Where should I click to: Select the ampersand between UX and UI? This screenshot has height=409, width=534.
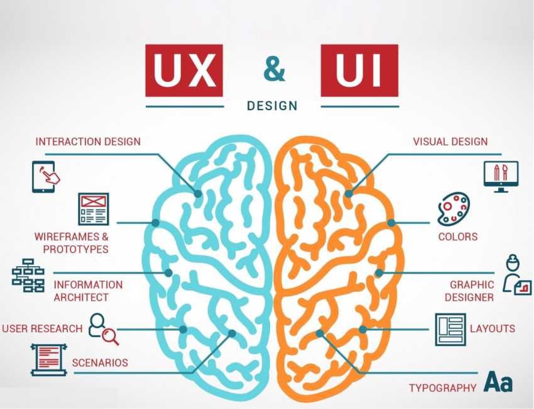(x=273, y=70)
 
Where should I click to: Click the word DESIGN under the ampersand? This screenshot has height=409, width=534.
(x=272, y=105)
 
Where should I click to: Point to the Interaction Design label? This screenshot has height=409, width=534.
(x=88, y=142)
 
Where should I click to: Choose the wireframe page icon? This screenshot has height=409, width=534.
(x=93, y=209)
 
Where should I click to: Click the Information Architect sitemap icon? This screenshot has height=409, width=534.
(x=28, y=275)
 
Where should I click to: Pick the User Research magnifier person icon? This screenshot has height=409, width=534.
(x=103, y=328)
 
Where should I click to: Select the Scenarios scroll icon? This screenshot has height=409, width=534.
(x=49, y=359)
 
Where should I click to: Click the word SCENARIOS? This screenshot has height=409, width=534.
(x=100, y=362)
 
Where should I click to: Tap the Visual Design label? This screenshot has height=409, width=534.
(x=450, y=142)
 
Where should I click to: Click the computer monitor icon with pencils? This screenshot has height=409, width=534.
(x=501, y=176)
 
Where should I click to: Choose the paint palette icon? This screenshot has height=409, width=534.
(x=453, y=209)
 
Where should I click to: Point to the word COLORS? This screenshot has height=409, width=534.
(x=457, y=237)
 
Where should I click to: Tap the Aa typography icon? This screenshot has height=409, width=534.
(x=498, y=381)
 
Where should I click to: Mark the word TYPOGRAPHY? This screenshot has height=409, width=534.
(x=442, y=388)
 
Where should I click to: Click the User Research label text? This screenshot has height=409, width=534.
(x=42, y=328)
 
